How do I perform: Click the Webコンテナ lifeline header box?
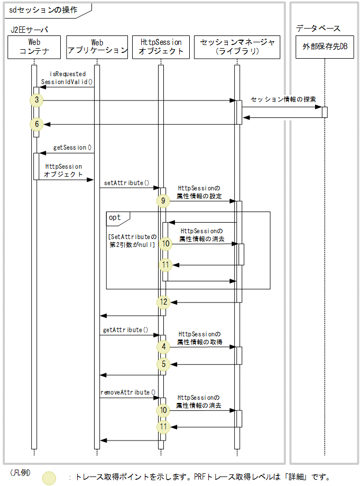tap(34, 47)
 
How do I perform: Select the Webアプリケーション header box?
tap(97, 47)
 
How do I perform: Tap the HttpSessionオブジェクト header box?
tap(161, 47)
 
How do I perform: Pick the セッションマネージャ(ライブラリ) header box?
tap(237, 47)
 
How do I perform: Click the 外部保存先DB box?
tap(325, 47)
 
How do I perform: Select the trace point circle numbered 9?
tap(163, 201)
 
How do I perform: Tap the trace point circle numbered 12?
tap(164, 302)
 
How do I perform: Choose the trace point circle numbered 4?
tap(163, 346)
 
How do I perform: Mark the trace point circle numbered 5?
tap(163, 364)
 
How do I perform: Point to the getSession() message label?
tap(72, 148)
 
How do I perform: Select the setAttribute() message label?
tap(127, 183)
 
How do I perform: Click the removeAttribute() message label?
tap(128, 392)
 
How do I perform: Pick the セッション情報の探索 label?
tap(283, 99)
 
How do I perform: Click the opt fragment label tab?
tap(115, 217)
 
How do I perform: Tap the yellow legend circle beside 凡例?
tap(49, 478)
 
